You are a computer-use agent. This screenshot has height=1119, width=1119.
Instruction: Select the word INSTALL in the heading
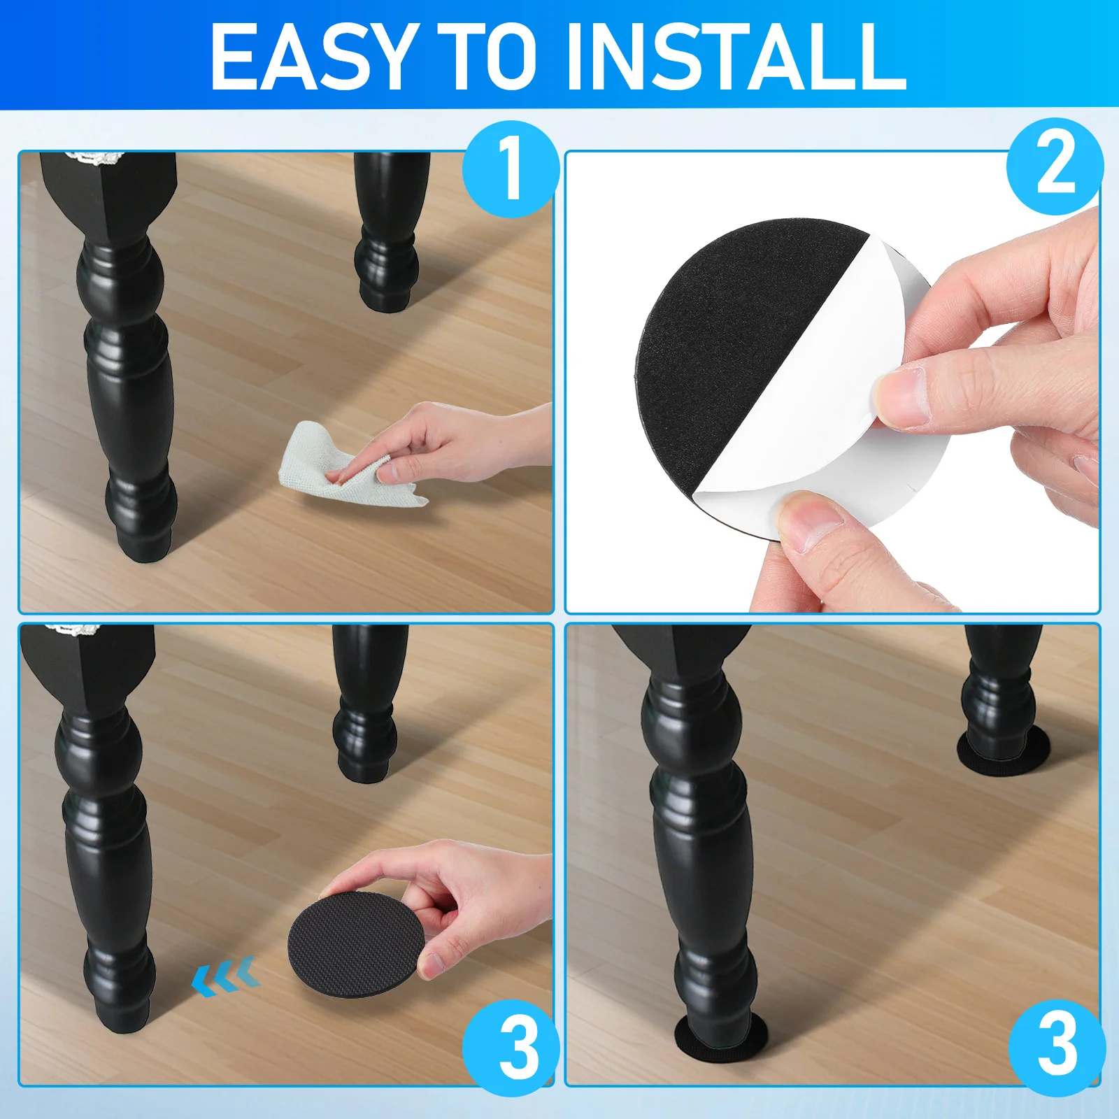pyautogui.click(x=737, y=56)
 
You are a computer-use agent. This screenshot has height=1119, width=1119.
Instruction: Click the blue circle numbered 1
pyautogui.click(x=511, y=169)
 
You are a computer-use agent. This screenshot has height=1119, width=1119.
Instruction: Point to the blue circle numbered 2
pyautogui.click(x=1055, y=166)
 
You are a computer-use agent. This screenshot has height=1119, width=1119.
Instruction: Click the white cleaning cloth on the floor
pyautogui.click(x=343, y=465)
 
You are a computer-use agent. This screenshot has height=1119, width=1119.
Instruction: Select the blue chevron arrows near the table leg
pyautogui.click(x=226, y=976)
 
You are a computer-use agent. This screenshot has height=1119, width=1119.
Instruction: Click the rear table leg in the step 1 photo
pyautogui.click(x=388, y=231)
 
